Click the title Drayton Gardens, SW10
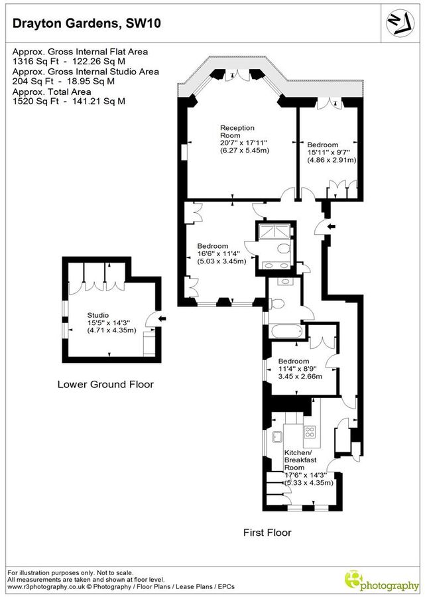[x=86, y=25]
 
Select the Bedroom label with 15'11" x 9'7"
[x=322, y=145]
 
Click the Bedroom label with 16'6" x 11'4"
[x=212, y=246]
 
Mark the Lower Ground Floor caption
[x=105, y=384]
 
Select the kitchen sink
[x=276, y=436]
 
